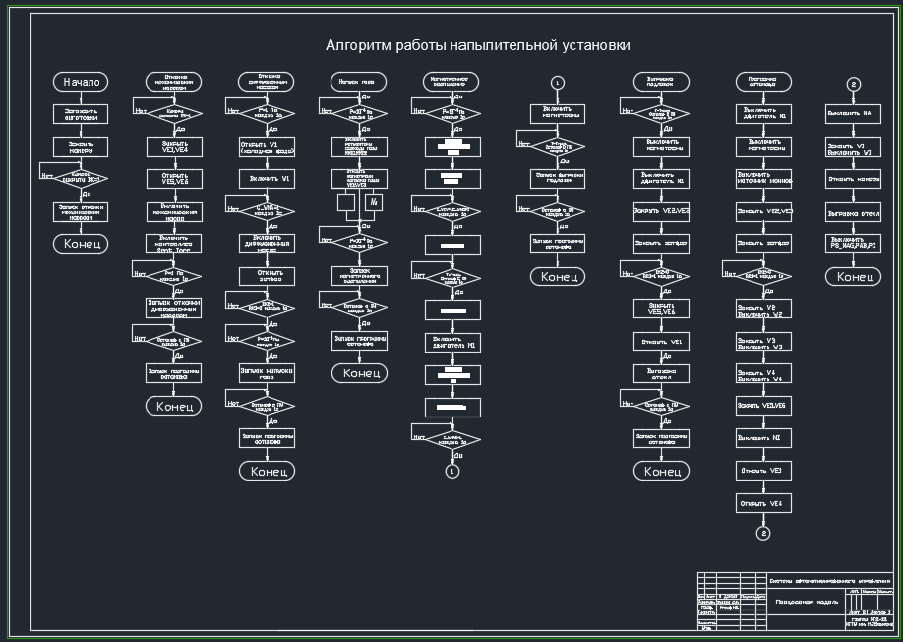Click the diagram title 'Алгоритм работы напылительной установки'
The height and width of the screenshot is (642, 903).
tap(478, 46)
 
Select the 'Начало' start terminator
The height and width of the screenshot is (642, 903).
tap(81, 82)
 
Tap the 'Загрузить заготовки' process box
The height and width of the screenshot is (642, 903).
tap(81, 114)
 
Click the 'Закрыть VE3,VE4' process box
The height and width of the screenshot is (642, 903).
tap(174, 146)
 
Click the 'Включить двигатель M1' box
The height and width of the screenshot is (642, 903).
tap(452, 343)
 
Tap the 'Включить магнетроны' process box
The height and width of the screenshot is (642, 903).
tap(558, 114)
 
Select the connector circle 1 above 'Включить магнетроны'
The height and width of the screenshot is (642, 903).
tap(558, 82)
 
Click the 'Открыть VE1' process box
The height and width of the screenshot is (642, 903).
tap(662, 341)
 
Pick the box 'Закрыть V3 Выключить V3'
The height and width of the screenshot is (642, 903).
tap(764, 342)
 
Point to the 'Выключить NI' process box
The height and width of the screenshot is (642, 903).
tap(764, 438)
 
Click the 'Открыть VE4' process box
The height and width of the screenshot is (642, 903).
tap(764, 503)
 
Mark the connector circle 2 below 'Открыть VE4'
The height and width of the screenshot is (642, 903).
tap(764, 533)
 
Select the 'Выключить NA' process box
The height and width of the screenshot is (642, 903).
tap(854, 114)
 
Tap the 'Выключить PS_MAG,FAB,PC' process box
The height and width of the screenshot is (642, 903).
tap(854, 242)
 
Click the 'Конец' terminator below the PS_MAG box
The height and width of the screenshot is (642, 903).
tap(854, 277)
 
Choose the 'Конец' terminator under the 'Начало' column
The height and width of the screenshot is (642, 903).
tap(81, 244)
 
